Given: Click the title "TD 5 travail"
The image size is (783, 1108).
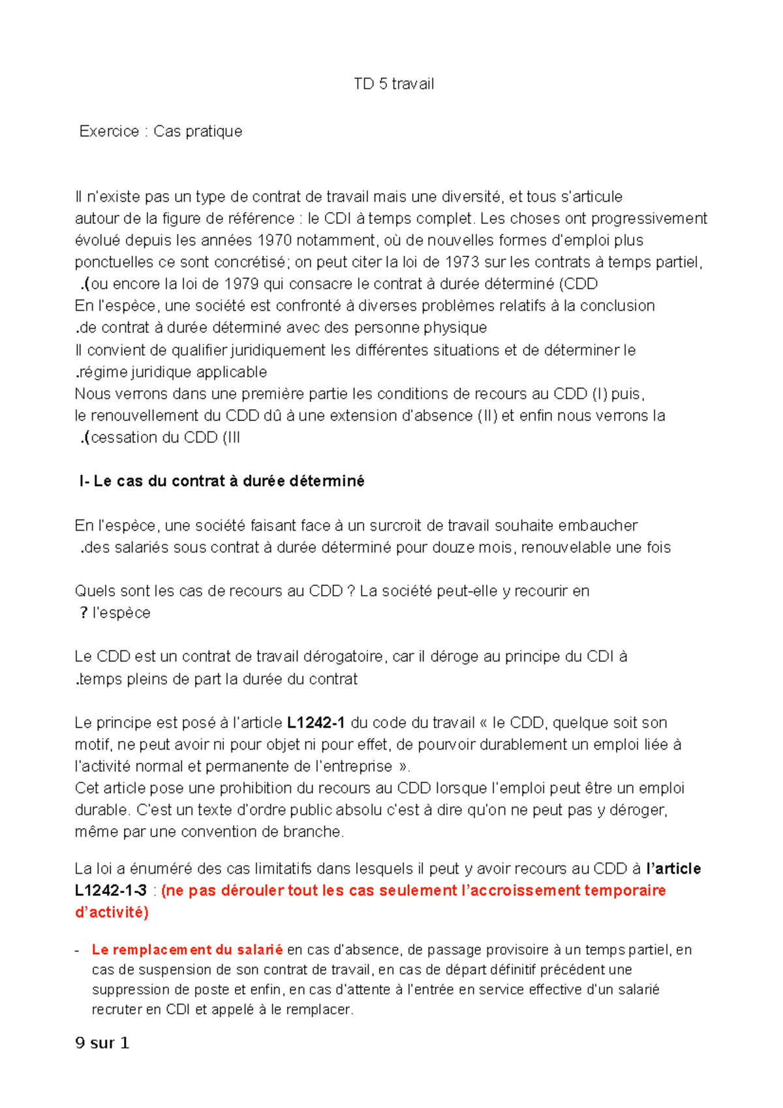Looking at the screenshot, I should (393, 84).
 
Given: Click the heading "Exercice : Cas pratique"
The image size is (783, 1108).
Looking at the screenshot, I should (161, 131).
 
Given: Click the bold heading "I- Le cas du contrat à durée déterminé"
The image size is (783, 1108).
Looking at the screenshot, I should (221, 482).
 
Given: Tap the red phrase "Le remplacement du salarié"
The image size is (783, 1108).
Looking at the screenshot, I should (187, 950).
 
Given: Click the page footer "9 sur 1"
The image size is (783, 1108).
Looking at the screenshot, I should (102, 1043).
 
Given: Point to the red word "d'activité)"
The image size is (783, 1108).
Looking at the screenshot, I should (112, 912).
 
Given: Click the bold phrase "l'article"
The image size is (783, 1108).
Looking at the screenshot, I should (673, 869).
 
